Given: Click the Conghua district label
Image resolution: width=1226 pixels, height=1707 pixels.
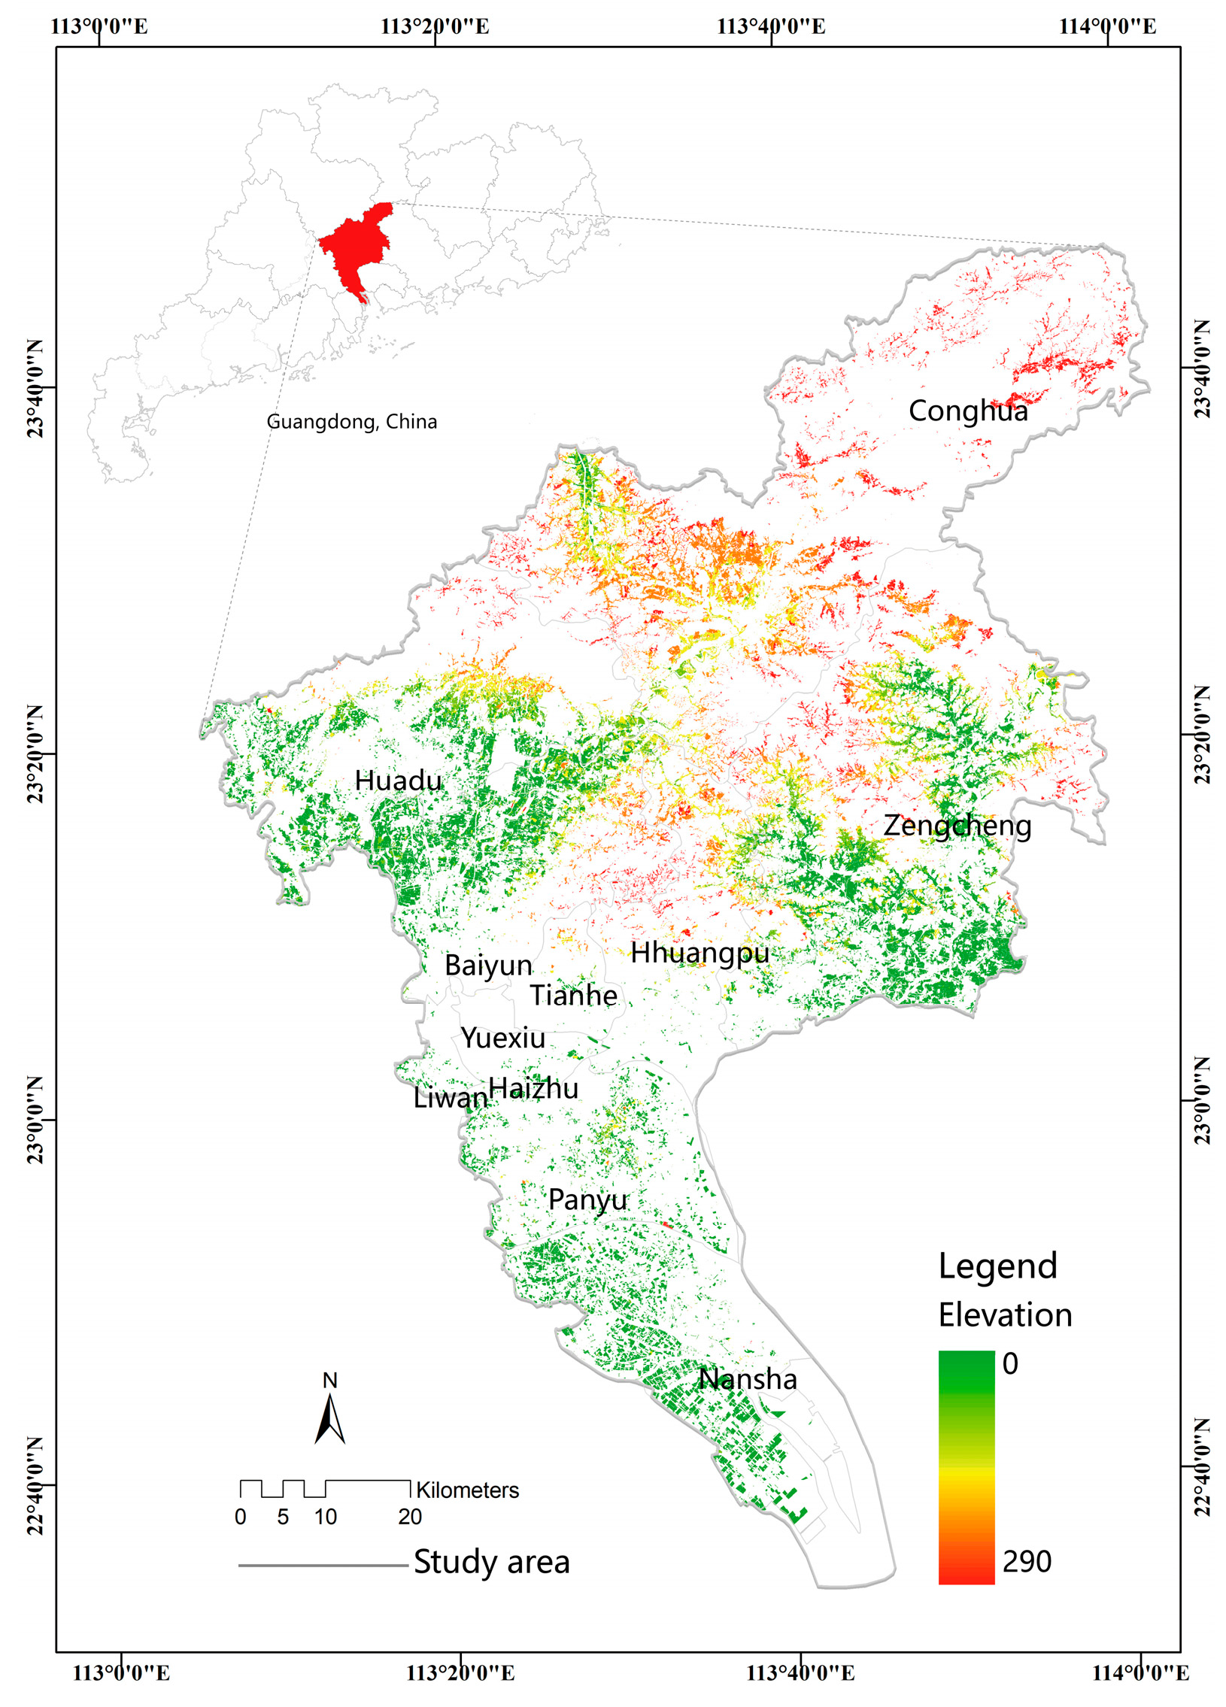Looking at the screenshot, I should pos(967,411).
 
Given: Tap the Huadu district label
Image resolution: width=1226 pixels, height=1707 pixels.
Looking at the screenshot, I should pos(398,781).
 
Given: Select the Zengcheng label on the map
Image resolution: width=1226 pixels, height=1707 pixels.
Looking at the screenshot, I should pos(957,826).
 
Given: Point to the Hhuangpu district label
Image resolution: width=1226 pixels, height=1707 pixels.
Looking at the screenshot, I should pos(700,953).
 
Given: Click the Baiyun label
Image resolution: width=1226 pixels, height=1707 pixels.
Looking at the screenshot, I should pos(487,965).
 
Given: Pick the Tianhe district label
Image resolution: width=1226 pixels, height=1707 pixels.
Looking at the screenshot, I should pos(573,995).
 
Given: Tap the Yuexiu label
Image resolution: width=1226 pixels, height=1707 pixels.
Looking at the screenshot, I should pos(502,1038).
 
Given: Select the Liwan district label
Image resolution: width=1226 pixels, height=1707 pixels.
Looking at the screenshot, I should pos(450,1097).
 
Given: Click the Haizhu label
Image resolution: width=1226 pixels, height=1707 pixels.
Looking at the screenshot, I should pos(533,1087).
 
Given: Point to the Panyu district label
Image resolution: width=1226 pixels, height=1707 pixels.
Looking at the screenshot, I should pos(587,1199).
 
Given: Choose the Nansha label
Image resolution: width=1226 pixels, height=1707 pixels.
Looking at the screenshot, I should pos(748,1379).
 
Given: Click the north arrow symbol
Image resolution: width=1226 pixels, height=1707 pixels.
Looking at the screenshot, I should pos(329,1418).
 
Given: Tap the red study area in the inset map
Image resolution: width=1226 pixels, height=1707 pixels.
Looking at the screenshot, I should pos(354,248).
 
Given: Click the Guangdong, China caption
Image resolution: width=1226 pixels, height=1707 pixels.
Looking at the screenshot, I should pos(351,421).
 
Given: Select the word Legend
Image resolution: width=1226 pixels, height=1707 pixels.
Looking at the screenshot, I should pos(997,1266).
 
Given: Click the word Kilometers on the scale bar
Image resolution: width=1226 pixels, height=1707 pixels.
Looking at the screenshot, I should pos(467,1490).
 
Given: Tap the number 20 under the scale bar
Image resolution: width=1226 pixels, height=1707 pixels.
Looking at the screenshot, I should pos(409,1517).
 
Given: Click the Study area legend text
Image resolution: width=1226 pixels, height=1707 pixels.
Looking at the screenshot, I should pos(491,1562).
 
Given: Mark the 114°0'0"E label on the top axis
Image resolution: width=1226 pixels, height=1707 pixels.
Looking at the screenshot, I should pos(1107,26).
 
